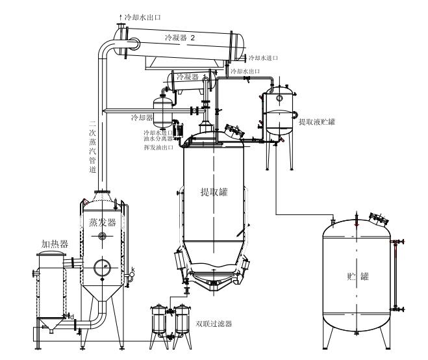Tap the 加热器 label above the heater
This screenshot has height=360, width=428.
click(x=55, y=244)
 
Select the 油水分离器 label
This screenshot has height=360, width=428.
click(x=159, y=138)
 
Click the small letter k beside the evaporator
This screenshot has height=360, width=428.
click(x=133, y=270)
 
